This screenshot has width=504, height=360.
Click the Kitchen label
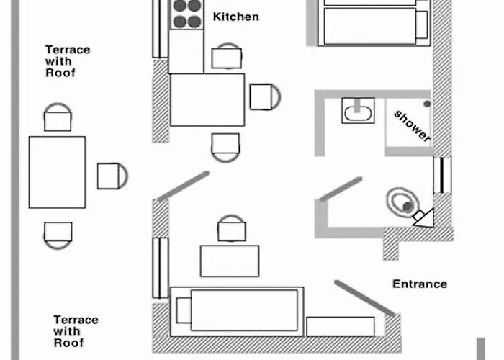point(236,16)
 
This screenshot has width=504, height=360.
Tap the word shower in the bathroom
point(413,126)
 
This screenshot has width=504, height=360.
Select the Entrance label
point(420,284)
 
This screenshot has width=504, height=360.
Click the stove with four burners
point(185,13)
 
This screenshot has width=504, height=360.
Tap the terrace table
point(57,172)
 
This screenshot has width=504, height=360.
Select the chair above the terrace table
point(58,117)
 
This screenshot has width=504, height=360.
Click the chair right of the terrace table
point(111,176)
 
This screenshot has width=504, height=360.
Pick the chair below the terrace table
point(58,233)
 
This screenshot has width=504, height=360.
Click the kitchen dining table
point(207,99)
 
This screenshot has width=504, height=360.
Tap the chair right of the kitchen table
point(264,96)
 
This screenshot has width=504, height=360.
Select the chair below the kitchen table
point(225,146)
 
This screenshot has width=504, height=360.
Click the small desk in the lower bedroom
point(229,261)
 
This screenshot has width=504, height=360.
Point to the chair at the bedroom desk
point(230,230)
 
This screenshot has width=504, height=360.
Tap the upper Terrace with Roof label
point(68,61)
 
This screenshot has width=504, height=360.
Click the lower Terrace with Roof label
point(76,331)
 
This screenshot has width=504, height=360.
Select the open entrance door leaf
point(365,298)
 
